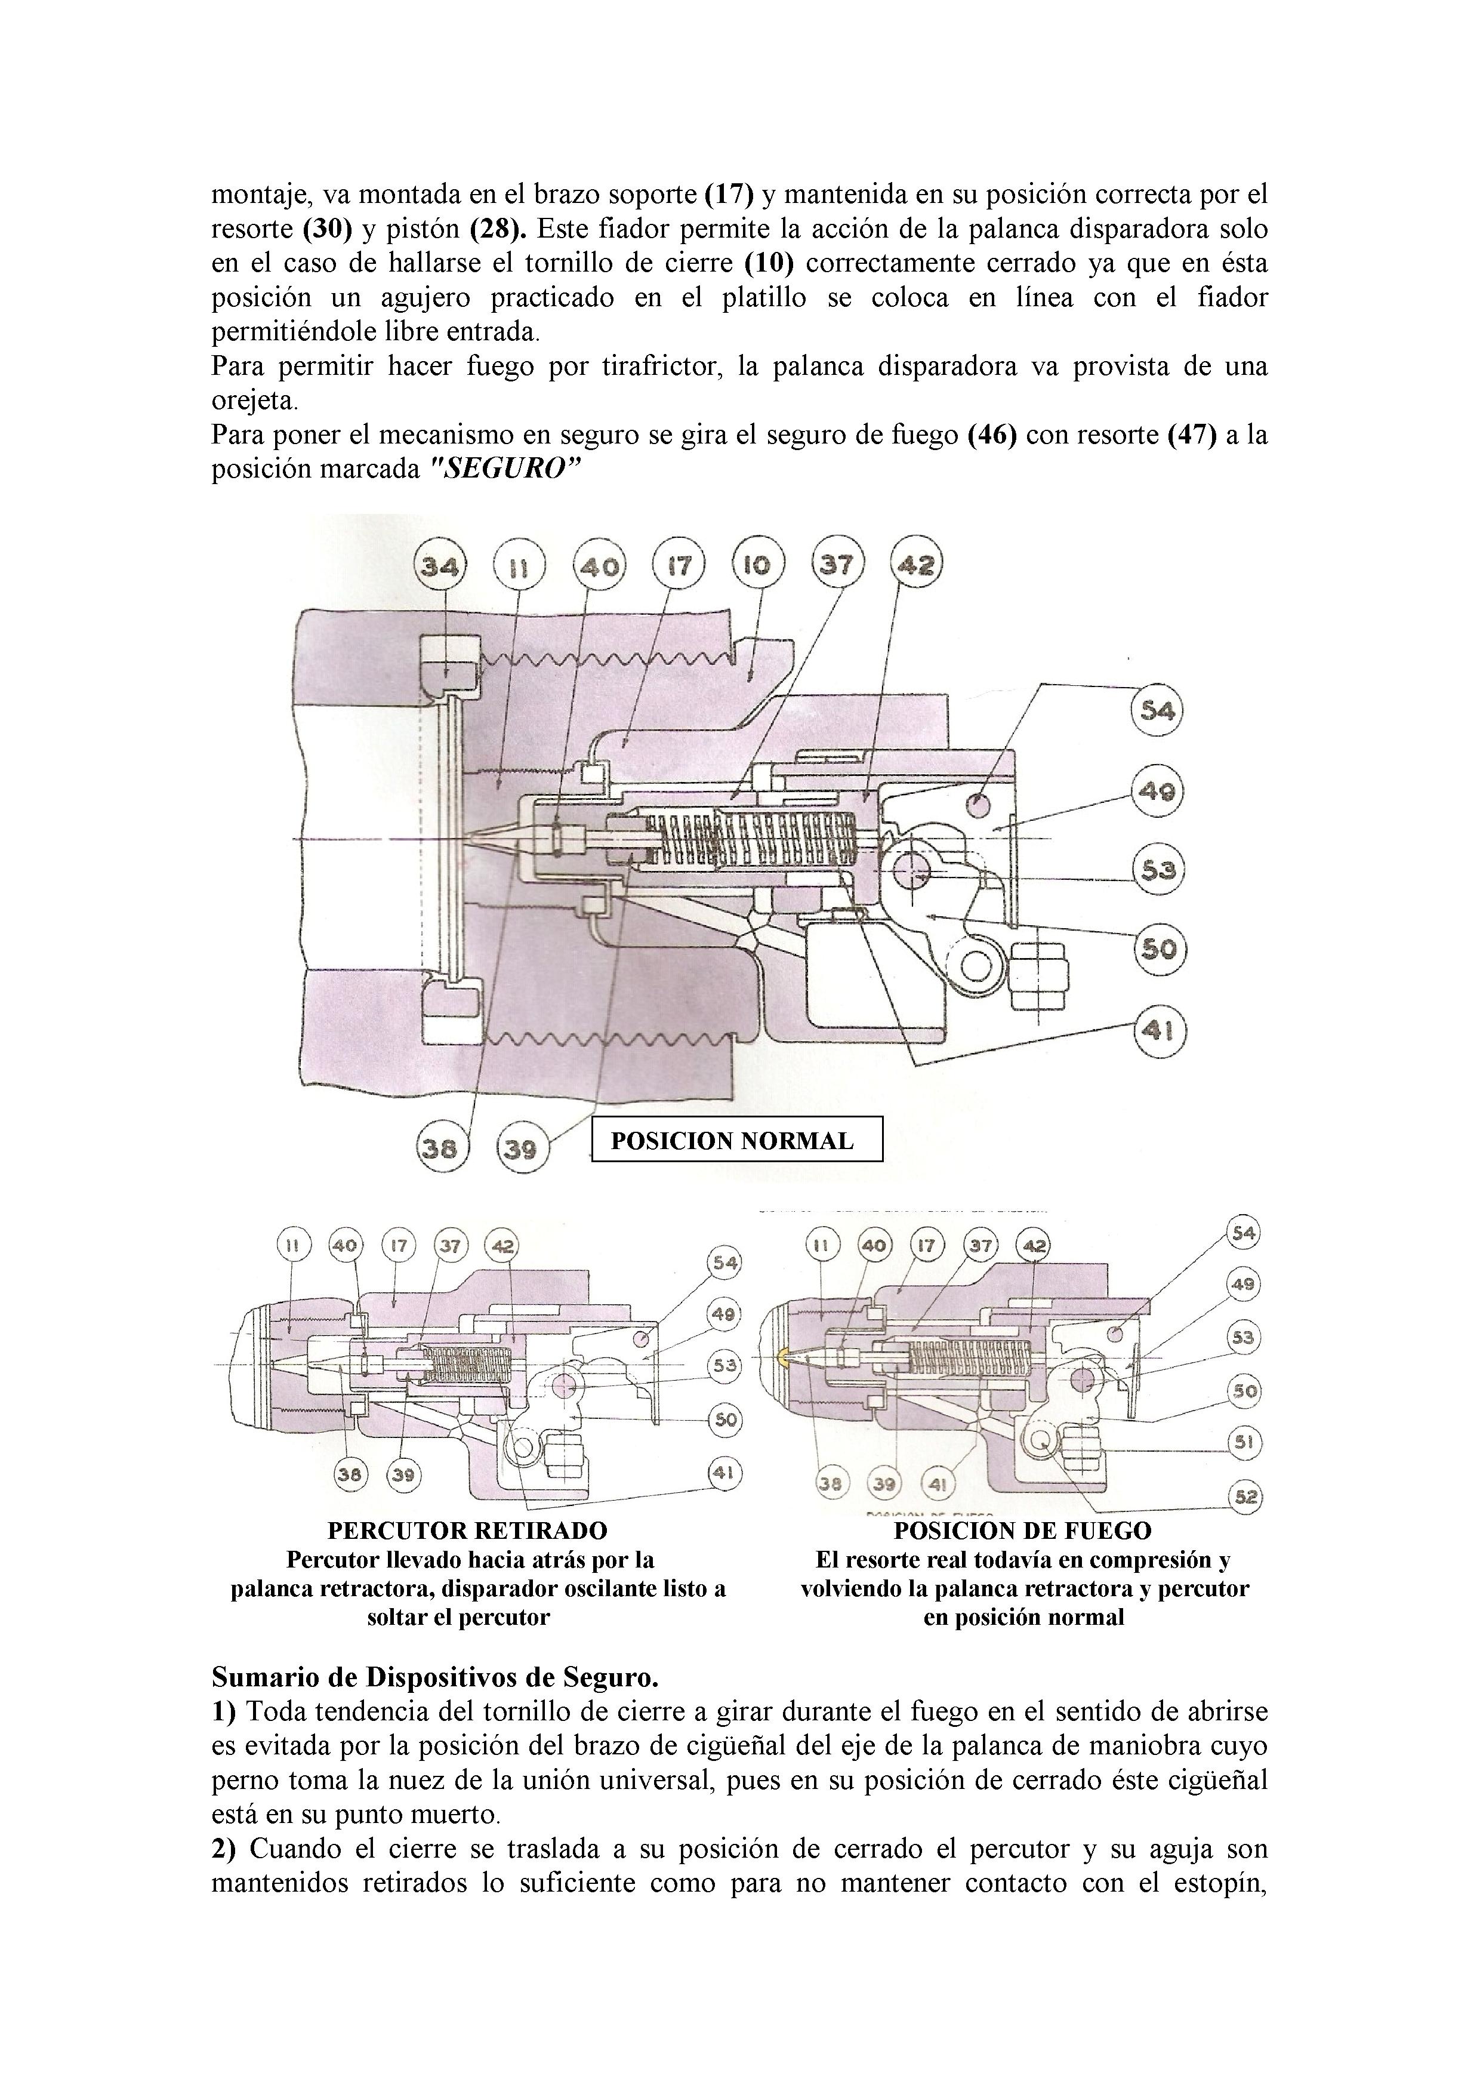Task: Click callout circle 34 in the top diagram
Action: pyautogui.click(x=440, y=567)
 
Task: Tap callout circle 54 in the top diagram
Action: pyautogui.click(x=1157, y=710)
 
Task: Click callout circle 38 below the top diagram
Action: pyautogui.click(x=440, y=1148)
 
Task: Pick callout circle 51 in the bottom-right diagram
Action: pyautogui.click(x=1244, y=1442)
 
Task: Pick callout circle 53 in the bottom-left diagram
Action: pyautogui.click(x=725, y=1365)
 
